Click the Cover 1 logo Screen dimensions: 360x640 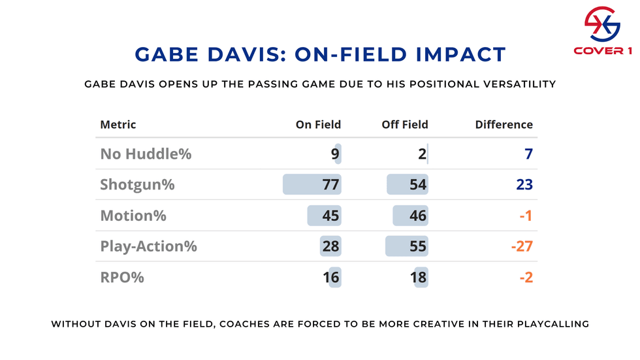coord(601,31)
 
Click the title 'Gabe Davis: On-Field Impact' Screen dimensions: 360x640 coord(320,54)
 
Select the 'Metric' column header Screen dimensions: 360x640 coord(118,124)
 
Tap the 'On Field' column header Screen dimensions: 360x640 coord(318,124)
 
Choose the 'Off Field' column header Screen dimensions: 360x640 coord(405,124)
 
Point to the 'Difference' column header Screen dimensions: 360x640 coord(504,124)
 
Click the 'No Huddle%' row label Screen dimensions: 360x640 coord(146,154)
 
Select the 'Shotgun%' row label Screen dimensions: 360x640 coord(137,185)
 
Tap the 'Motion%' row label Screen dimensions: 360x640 coord(133,216)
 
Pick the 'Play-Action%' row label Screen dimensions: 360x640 coord(148,246)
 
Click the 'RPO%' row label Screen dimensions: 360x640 coord(122,277)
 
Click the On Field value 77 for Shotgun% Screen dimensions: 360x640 coord(330,185)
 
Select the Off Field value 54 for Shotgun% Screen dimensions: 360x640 coord(417,185)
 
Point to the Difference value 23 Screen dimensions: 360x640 coord(524,185)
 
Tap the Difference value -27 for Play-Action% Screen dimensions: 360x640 coord(522,246)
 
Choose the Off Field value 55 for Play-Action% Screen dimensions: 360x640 coord(417,246)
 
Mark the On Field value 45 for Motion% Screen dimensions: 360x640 coord(330,216)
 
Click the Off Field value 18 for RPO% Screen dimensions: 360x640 coord(417,277)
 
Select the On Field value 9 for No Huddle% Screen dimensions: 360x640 coord(334,154)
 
